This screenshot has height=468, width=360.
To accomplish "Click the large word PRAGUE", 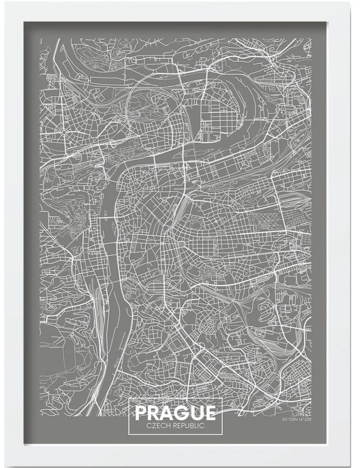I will [175, 412].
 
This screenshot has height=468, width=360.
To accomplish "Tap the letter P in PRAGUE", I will [142, 412].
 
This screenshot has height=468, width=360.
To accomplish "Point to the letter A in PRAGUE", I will [169, 412].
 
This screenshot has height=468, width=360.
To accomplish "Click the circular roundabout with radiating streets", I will [63, 133].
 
